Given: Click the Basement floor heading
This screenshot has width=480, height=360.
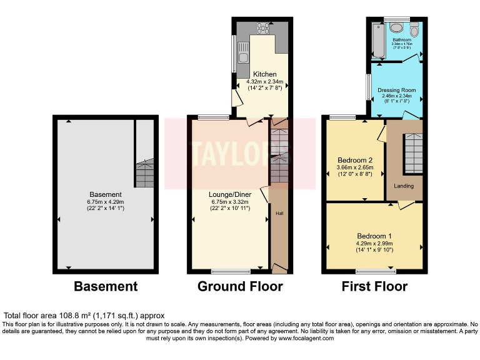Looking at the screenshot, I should (x=106, y=287).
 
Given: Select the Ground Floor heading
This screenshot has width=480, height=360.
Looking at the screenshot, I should (x=240, y=287).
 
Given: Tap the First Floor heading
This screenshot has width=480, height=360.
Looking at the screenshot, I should (x=374, y=287).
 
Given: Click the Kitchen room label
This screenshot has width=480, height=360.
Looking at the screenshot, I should (x=265, y=74).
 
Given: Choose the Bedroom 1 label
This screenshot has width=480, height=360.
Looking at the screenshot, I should (x=374, y=236).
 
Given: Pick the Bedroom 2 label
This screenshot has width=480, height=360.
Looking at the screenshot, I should (x=355, y=160).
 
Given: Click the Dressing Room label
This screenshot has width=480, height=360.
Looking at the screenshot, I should (x=397, y=90).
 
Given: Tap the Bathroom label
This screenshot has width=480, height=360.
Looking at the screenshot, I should (x=402, y=39).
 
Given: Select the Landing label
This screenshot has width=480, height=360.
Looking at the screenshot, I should (x=404, y=186).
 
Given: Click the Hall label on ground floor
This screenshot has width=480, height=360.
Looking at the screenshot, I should (x=279, y=214).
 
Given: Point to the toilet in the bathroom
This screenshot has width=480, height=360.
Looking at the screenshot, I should (x=396, y=27).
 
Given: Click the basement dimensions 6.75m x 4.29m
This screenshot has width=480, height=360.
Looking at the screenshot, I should (x=106, y=202).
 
